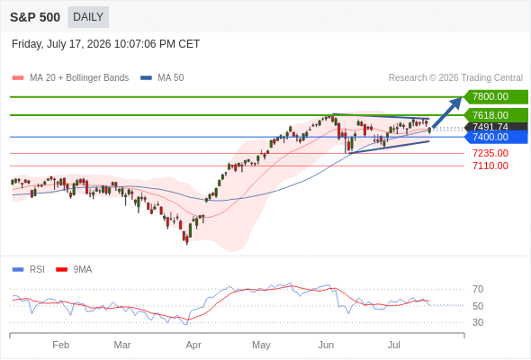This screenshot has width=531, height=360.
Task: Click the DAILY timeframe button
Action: (x=88, y=17)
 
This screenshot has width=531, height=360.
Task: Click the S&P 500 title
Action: (x=35, y=17)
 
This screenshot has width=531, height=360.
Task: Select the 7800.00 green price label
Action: (x=496, y=97)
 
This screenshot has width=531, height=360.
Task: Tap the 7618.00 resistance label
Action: (x=496, y=115)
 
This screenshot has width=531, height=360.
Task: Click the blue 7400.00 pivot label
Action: (x=496, y=137)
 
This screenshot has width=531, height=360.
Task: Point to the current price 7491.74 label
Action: (x=496, y=127)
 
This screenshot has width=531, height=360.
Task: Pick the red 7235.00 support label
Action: (x=490, y=153)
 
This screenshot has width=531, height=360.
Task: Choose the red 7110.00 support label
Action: (x=490, y=166)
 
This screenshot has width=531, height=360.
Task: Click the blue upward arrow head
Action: (x=455, y=103)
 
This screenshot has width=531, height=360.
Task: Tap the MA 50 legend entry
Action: (x=162, y=78)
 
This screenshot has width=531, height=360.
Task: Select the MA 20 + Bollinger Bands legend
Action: (x=70, y=78)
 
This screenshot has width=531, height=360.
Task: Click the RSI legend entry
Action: (x=29, y=270)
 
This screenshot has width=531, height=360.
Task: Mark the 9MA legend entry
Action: (x=74, y=270)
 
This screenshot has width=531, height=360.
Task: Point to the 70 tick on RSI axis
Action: (x=478, y=289)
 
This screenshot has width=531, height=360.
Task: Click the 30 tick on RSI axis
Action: (x=478, y=322)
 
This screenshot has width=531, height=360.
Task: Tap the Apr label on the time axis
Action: (x=193, y=345)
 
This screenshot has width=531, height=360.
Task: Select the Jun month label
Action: (x=326, y=345)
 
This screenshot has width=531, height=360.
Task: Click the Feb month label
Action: (x=61, y=345)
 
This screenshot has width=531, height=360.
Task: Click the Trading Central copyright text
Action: (x=455, y=78)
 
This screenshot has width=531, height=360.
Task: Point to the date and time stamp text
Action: (x=105, y=44)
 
